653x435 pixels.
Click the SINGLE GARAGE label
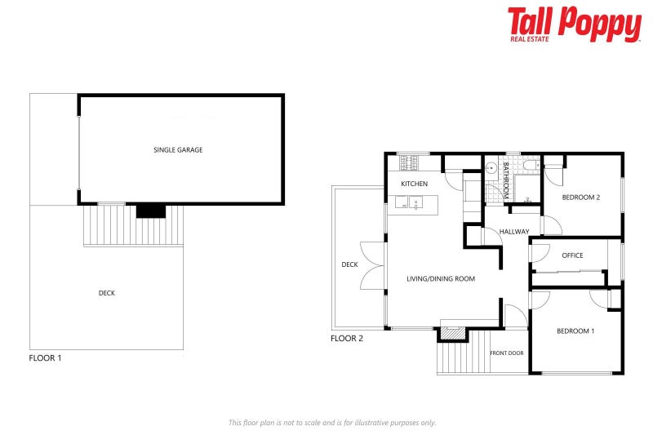point(178,150)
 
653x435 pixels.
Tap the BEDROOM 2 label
point(581,198)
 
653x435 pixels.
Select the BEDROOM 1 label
point(575,331)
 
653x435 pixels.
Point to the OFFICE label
point(572,255)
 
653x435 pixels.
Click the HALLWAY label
point(514,231)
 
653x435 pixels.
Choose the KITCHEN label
point(414,184)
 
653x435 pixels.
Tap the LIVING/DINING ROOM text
point(441,279)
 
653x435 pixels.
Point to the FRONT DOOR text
point(506,353)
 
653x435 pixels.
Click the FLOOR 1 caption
point(45,357)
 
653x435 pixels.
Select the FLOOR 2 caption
point(347,338)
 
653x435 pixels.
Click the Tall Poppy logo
point(574,24)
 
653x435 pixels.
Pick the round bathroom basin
point(491,170)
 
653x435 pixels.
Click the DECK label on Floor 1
point(106,293)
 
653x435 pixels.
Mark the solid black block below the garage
point(150,211)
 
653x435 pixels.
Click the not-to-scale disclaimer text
point(331,423)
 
